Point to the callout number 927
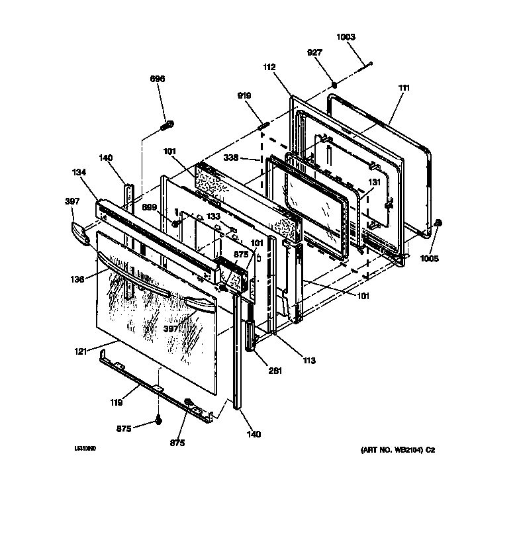click(x=315, y=52)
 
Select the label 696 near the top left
click(x=158, y=79)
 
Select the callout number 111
click(x=404, y=87)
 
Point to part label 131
click(x=375, y=183)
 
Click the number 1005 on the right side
click(x=429, y=259)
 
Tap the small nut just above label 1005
click(x=439, y=224)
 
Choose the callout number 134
click(x=79, y=172)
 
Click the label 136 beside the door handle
click(x=78, y=279)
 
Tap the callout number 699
click(x=150, y=207)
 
